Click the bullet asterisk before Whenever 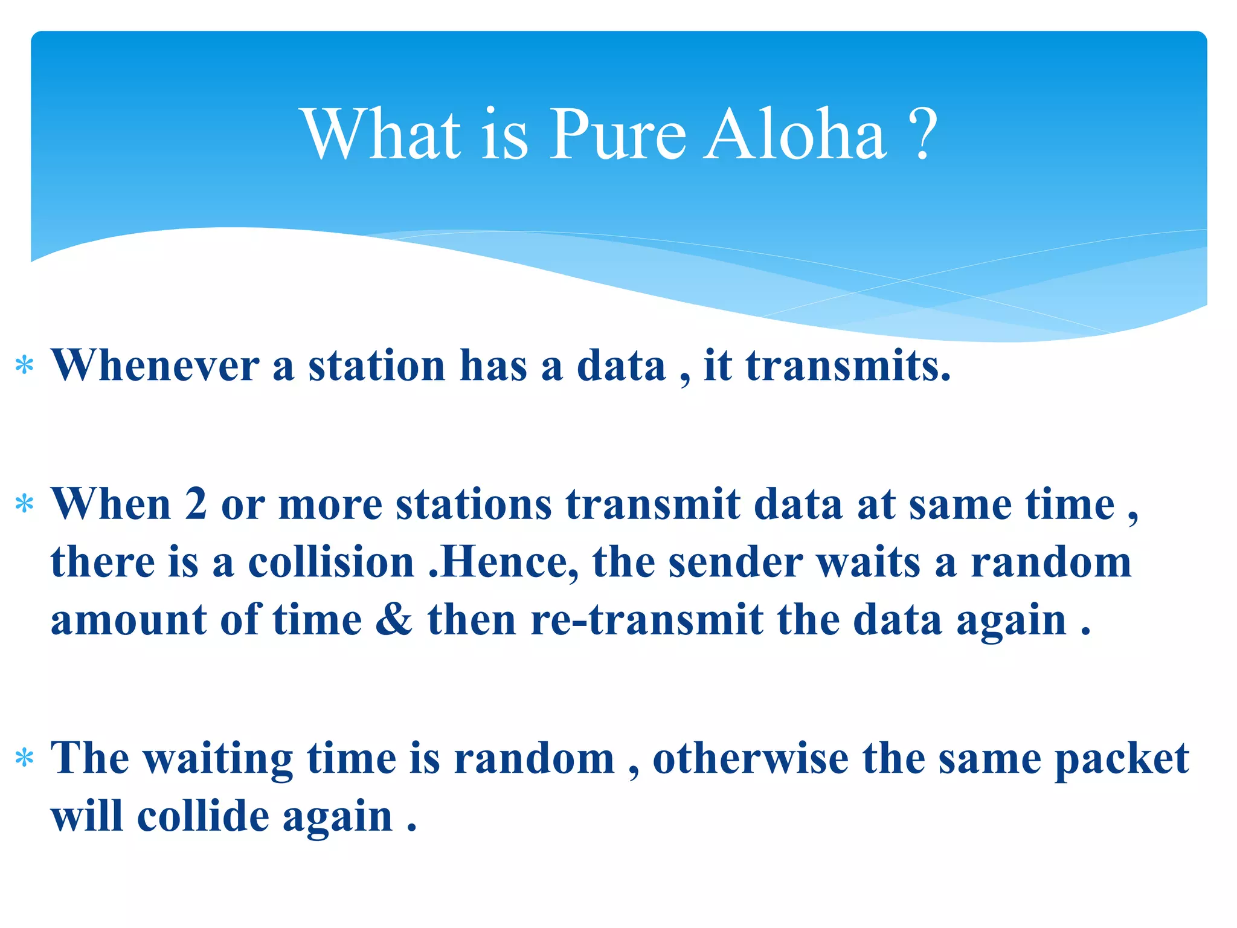click(24, 366)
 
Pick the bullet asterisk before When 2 click(24, 504)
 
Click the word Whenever click(155, 365)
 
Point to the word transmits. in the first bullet click(848, 365)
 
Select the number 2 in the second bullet click(196, 503)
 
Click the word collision click(331, 562)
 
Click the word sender click(735, 562)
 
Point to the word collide click(203, 816)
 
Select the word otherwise click(750, 758)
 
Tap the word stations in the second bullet click(474, 503)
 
